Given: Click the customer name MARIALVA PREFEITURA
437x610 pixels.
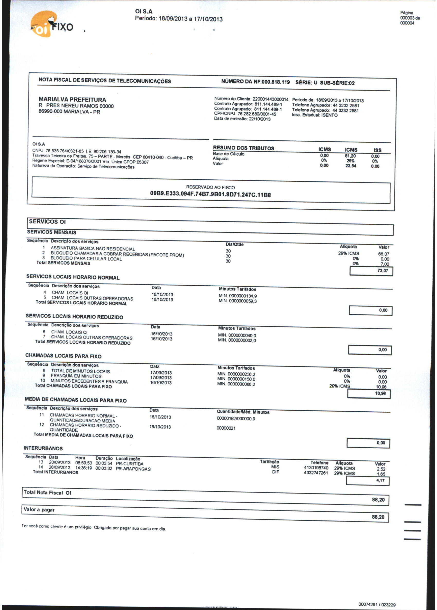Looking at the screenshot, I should tap(72, 100).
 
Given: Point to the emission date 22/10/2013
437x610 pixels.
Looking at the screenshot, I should tap(260, 119).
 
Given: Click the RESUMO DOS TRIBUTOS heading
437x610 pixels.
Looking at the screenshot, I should tap(243, 148).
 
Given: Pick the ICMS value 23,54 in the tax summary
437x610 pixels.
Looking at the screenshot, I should tap(351, 166).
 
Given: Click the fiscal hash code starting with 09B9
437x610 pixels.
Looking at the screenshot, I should tap(210, 194).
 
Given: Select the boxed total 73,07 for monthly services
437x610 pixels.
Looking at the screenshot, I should tap(383, 270).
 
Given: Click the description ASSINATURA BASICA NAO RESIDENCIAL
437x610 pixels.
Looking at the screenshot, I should tap(93, 248).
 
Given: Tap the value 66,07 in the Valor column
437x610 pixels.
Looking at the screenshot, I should tap(384, 254).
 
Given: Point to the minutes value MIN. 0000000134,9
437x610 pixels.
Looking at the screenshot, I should tap(238, 296).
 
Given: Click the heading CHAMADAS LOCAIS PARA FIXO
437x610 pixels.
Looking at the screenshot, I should tap(63, 356).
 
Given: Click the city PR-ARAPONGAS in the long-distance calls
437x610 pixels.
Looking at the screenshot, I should tap(133, 469).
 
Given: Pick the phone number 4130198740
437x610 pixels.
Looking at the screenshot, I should tap(316, 468).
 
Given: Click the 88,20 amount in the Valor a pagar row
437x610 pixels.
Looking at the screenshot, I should tap(378, 517).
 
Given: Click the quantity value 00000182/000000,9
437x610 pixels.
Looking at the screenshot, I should tap(236, 419).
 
